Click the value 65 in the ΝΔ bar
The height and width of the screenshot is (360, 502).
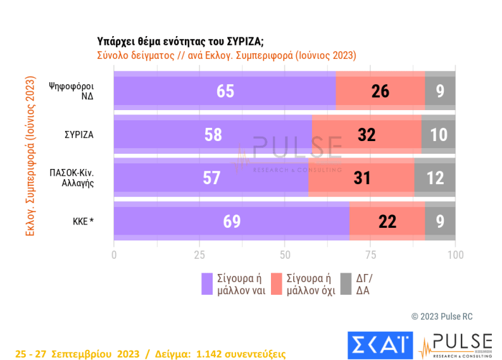(225, 91)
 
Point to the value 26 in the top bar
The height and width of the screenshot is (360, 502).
(380, 91)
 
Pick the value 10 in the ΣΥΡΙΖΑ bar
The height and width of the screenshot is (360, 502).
(438, 135)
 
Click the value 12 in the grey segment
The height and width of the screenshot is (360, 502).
(435, 178)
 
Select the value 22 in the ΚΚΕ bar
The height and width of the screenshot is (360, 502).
(387, 221)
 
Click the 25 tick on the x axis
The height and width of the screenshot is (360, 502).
(199, 255)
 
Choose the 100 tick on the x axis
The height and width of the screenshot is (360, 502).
(455, 255)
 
